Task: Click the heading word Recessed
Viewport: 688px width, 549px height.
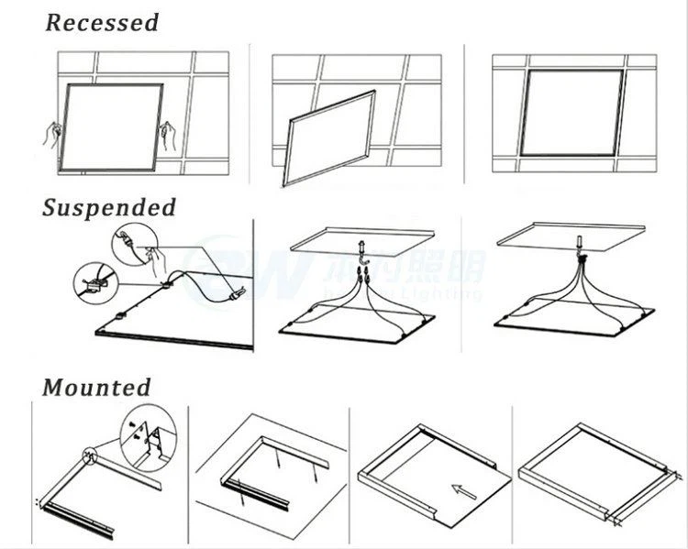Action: pyautogui.click(x=102, y=23)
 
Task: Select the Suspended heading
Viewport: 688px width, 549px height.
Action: pyautogui.click(x=108, y=208)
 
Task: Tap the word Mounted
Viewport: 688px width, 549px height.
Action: pyautogui.click(x=96, y=388)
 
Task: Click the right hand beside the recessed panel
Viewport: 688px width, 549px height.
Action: pyautogui.click(x=168, y=136)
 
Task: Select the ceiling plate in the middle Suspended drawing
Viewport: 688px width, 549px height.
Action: pyautogui.click(x=361, y=239)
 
